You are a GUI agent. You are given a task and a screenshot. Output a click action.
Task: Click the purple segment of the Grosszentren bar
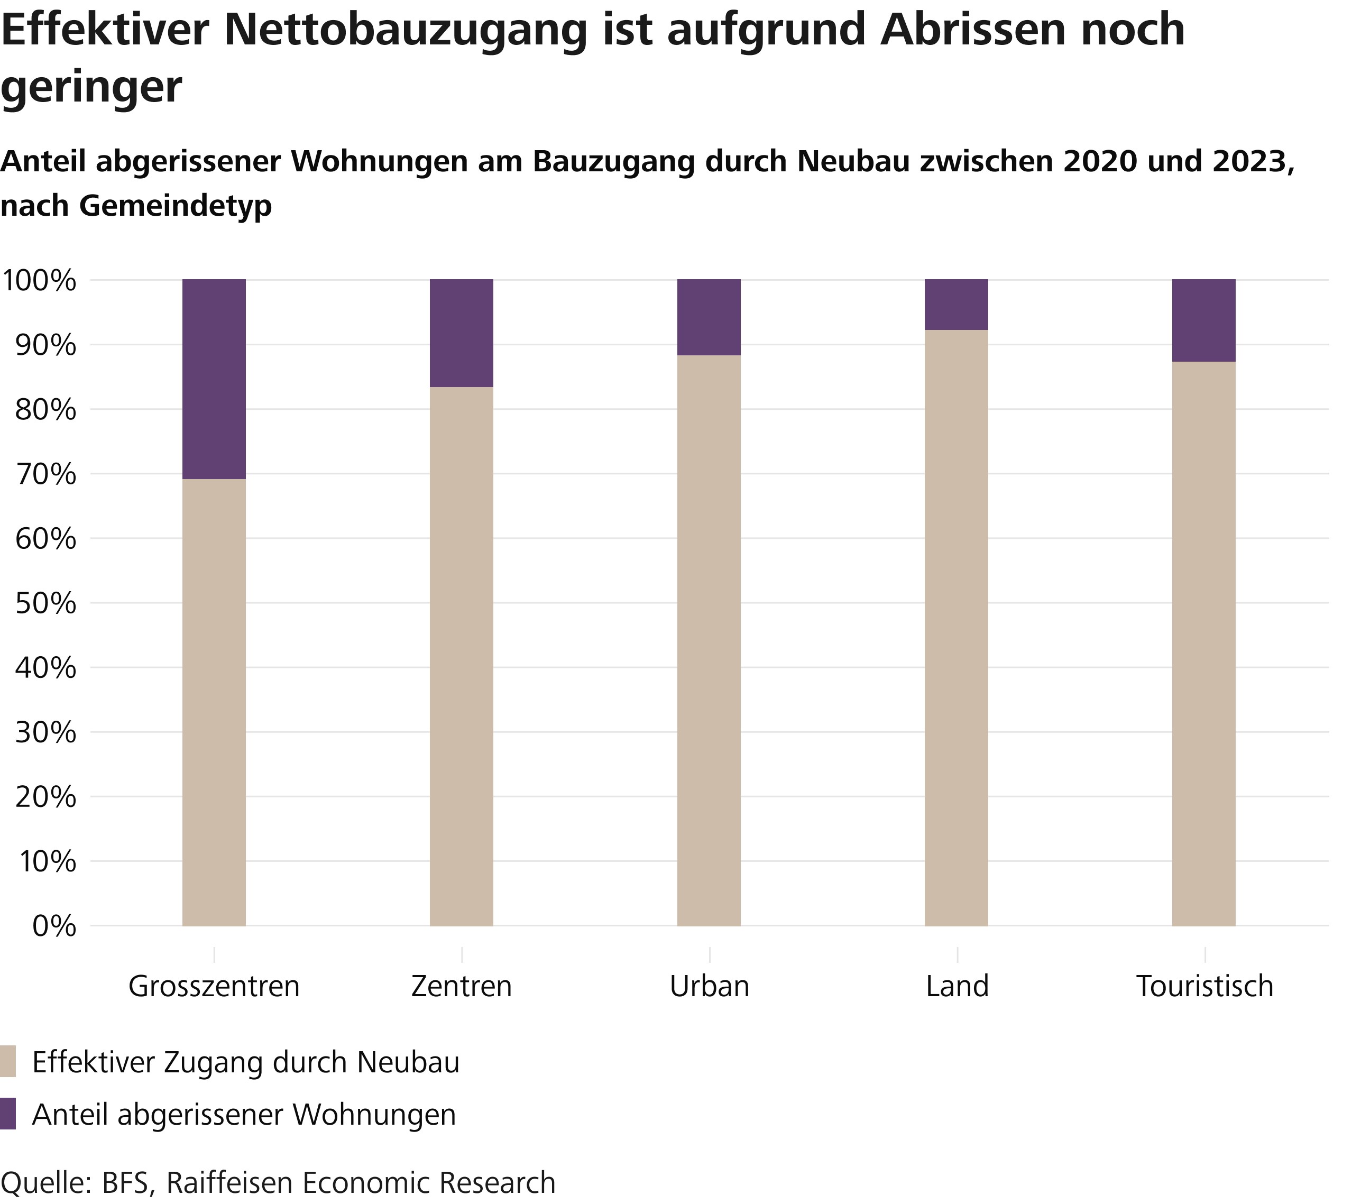[x=214, y=379]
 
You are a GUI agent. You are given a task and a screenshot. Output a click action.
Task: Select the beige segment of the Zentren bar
[x=462, y=656]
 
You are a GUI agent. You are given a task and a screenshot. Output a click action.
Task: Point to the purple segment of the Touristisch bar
[x=1204, y=320]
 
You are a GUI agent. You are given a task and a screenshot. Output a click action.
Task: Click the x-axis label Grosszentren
[x=214, y=986]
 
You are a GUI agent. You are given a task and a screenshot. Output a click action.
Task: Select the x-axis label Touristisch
[x=1204, y=986]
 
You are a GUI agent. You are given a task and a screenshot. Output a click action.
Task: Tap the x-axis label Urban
[x=709, y=986]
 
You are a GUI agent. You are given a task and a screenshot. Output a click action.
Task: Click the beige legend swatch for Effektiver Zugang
[x=8, y=1061]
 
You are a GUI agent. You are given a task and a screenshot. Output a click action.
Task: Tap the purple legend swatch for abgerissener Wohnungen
[x=8, y=1114]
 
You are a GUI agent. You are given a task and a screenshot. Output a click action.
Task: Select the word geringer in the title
[x=91, y=87]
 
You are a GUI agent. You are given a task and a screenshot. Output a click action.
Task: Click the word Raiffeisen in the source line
[x=229, y=1183]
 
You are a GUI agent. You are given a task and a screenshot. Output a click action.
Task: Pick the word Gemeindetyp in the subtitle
[x=176, y=206]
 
